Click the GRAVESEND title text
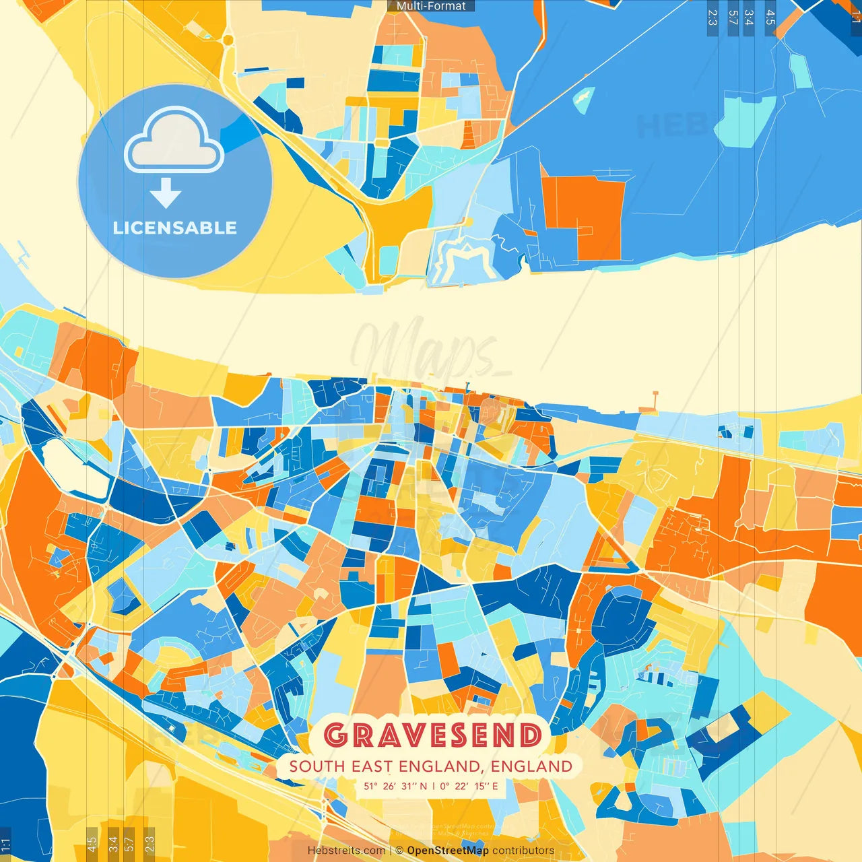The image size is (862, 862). (x=433, y=735)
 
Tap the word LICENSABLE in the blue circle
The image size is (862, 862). (x=174, y=228)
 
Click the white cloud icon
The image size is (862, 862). (x=174, y=140)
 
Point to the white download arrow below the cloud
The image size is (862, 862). (x=166, y=193)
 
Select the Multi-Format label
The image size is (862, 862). (x=431, y=6)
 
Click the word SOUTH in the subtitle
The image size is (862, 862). (x=317, y=766)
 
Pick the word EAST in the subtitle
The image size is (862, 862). (x=372, y=766)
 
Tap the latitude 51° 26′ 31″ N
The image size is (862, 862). (x=396, y=786)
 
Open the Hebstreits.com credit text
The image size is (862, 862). (x=346, y=851)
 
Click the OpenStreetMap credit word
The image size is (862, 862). (x=448, y=851)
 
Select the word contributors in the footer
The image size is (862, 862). (x=523, y=851)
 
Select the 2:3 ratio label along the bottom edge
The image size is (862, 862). (x=150, y=842)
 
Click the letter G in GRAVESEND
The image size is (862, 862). (x=336, y=735)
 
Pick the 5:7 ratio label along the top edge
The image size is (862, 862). (x=733, y=18)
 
